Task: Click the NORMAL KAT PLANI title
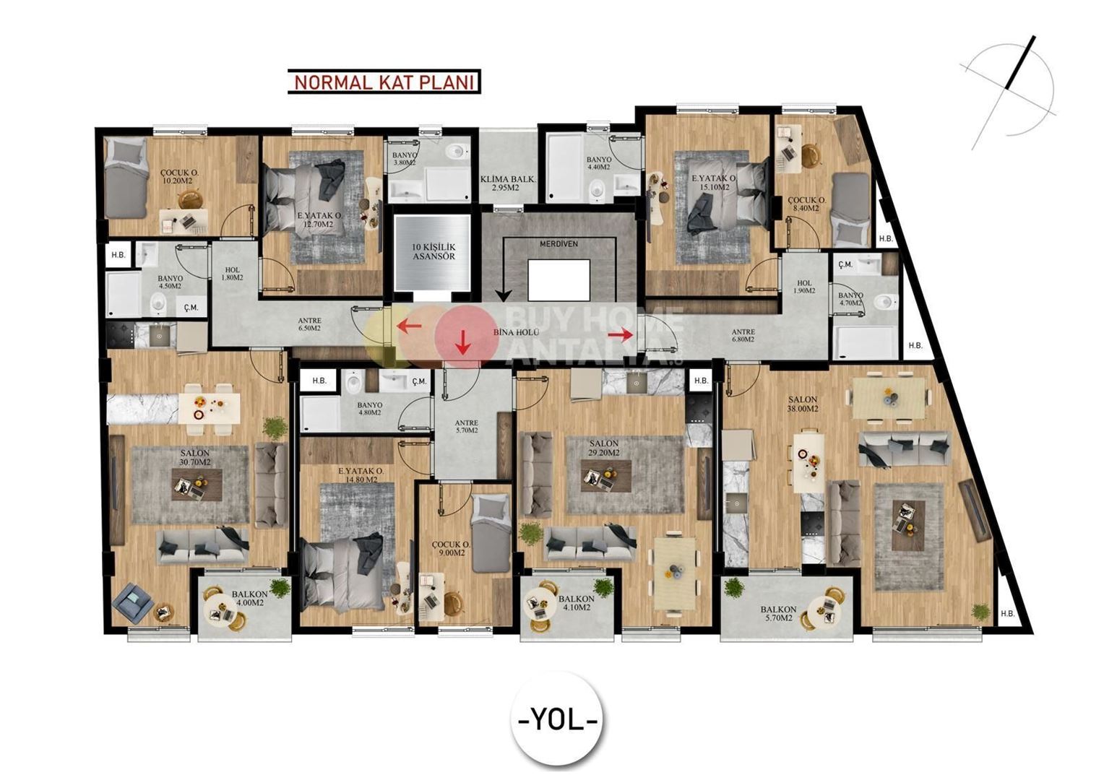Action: (384, 82)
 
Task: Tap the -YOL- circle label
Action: (558, 719)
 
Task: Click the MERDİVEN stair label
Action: (559, 244)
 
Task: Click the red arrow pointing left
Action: (410, 326)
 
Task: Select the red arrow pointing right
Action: (621, 334)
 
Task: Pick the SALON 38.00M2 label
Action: (803, 404)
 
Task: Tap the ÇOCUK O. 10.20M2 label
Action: (179, 178)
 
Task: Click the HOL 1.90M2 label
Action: (804, 287)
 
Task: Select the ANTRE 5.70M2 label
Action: (466, 427)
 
